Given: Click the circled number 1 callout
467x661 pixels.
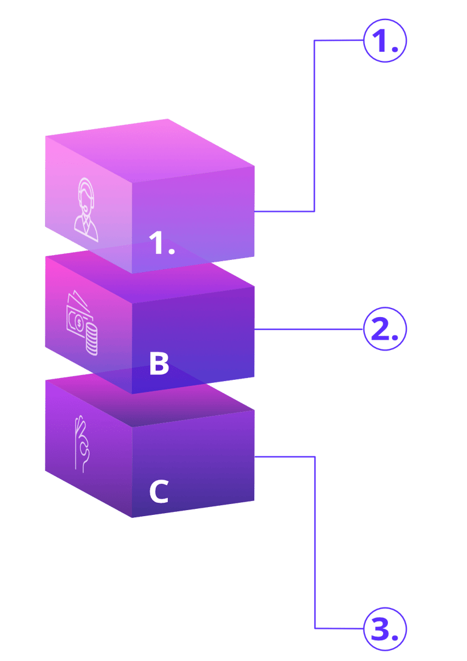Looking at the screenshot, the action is coord(384,41).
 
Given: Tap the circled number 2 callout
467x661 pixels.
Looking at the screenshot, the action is coord(384,329).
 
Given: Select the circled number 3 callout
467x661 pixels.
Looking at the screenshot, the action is coord(384,628).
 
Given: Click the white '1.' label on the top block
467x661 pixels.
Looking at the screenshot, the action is coord(162,244).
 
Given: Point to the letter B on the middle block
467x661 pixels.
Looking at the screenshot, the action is coord(159,363).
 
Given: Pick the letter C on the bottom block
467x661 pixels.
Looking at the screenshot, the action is coord(159,492).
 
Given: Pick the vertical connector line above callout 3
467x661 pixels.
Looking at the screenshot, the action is coord(314,542).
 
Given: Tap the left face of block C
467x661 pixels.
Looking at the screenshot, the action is coord(88,463).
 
